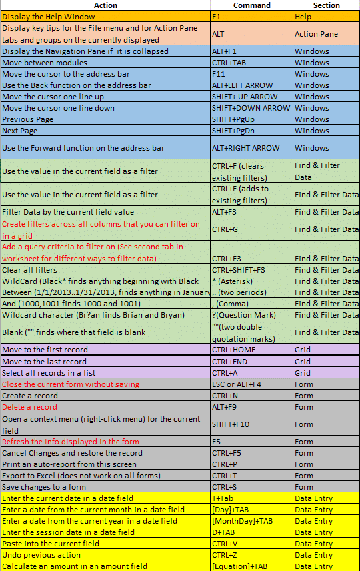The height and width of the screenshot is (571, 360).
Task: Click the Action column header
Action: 105,5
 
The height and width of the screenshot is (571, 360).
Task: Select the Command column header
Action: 251,5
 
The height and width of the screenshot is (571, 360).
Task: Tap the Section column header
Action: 326,5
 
